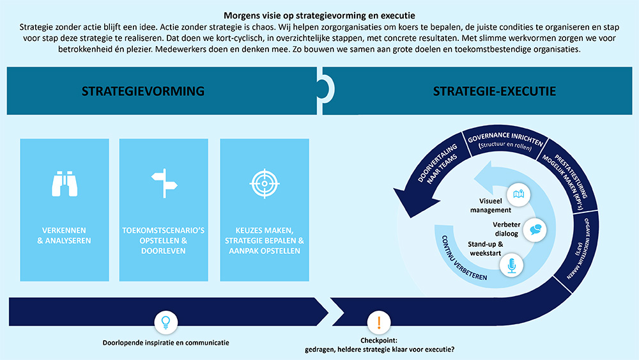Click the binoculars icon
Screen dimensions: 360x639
pyautogui.click(x=64, y=184)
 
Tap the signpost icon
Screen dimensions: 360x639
pyautogui.click(x=164, y=184)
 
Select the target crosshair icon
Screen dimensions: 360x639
pyautogui.click(x=264, y=184)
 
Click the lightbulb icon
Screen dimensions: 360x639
pyautogui.click(x=166, y=322)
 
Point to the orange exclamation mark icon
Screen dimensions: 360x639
pyautogui.click(x=379, y=322)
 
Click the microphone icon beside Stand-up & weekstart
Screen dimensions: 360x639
pyautogui.click(x=511, y=265)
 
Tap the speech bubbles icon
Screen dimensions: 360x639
pyautogui.click(x=535, y=229)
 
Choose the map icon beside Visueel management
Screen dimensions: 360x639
pyautogui.click(x=517, y=194)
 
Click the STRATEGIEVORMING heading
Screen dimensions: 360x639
pyautogui.click(x=143, y=91)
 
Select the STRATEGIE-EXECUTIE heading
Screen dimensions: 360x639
pyautogui.click(x=495, y=91)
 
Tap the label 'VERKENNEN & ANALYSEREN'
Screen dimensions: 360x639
pyautogui.click(x=65, y=235)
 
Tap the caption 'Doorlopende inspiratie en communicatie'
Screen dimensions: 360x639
pyautogui.click(x=166, y=343)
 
